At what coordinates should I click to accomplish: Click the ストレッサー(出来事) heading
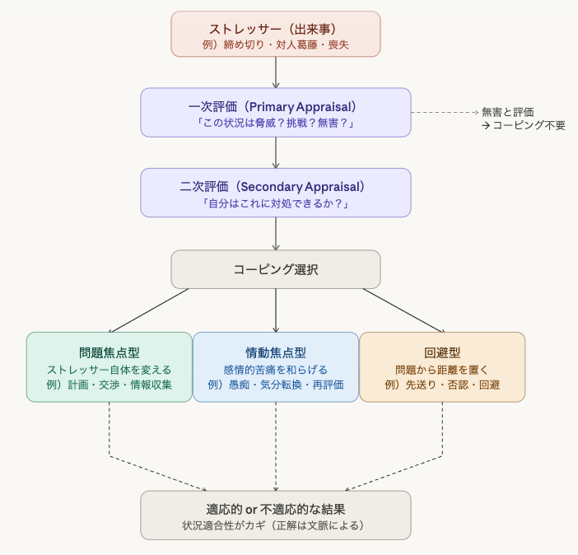coord(275,28)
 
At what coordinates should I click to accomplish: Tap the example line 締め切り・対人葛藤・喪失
coord(275,44)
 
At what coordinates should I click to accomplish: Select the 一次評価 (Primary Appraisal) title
coord(275,106)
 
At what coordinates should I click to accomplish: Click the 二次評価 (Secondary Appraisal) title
coord(275,187)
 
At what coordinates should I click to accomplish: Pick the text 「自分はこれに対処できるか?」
coord(275,203)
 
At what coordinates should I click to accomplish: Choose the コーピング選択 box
coord(275,269)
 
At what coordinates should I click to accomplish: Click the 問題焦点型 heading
coord(110,352)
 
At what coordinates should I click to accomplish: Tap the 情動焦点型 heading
coord(275,352)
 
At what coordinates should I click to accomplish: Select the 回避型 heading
coord(442,352)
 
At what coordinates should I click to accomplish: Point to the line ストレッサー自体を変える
coord(110,369)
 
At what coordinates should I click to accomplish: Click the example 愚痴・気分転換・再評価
coord(275,385)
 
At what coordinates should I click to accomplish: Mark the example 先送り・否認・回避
coord(442,385)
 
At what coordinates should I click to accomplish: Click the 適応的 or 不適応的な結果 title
coord(275,509)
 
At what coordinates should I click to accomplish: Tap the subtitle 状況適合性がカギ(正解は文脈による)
coord(275,525)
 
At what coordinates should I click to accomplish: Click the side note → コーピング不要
coord(523,126)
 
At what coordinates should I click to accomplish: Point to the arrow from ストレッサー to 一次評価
coord(276,72)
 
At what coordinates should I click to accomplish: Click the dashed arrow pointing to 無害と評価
coord(445,111)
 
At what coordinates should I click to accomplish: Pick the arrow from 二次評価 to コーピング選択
coord(276,233)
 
